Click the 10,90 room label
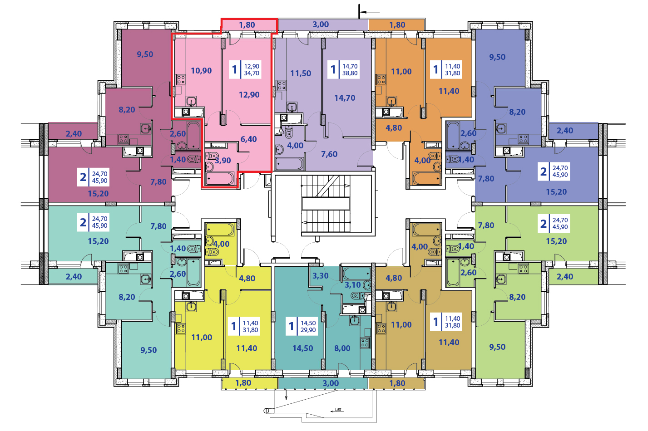(201, 71)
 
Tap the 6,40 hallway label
(248, 139)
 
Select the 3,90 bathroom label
(223, 161)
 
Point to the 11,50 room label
(301, 73)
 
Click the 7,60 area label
(329, 154)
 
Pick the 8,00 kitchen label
(342, 348)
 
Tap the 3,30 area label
(320, 276)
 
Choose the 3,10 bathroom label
(352, 285)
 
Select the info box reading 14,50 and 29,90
(302, 327)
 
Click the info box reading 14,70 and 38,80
(344, 70)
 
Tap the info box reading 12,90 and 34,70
(245, 70)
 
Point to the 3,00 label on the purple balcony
(321, 24)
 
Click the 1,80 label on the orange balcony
(397, 25)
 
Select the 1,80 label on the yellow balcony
(243, 383)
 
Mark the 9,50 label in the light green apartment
(497, 347)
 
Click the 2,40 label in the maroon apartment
(74, 134)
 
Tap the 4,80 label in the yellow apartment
(247, 279)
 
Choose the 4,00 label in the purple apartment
(295, 146)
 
